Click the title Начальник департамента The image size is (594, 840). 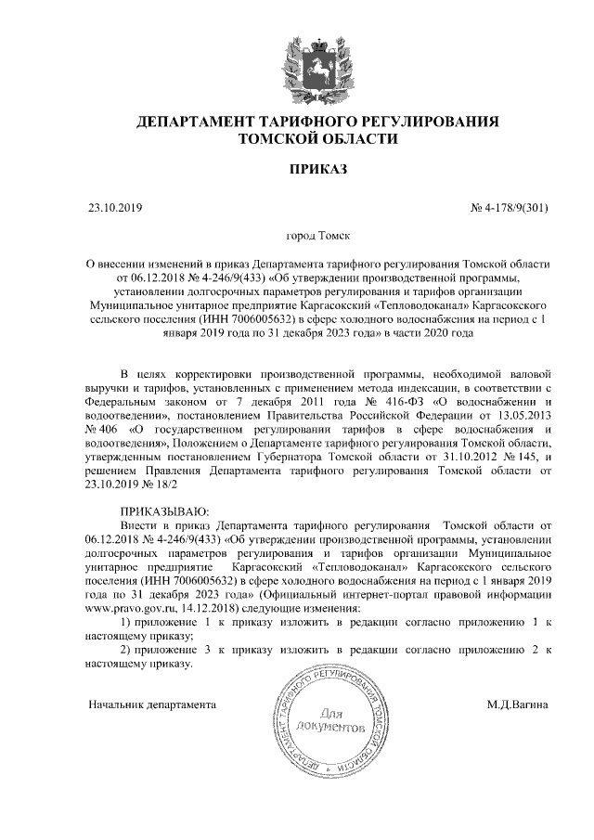(151, 704)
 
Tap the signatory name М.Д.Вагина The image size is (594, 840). (517, 704)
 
